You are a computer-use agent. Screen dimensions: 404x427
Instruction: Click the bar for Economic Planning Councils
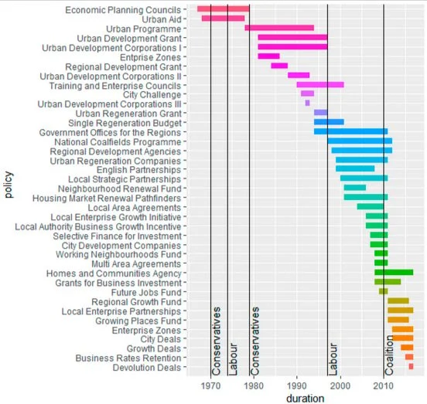(x=223, y=9)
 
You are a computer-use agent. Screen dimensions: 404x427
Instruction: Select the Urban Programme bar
(x=279, y=28)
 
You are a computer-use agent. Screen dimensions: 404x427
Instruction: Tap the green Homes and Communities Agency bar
(x=394, y=273)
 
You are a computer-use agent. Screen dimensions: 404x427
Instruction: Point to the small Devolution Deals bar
(x=411, y=367)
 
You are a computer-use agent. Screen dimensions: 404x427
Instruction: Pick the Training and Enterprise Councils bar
(x=320, y=84)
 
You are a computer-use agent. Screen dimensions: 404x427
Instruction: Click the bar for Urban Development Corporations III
(x=307, y=103)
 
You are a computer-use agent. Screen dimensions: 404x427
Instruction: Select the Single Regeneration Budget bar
(x=329, y=122)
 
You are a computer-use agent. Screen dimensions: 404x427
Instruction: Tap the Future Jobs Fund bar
(x=383, y=291)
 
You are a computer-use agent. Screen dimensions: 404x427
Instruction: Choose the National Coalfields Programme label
(x=117, y=141)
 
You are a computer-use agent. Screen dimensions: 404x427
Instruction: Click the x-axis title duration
(x=304, y=398)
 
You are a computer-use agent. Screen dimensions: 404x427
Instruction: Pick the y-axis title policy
(x=7, y=190)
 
